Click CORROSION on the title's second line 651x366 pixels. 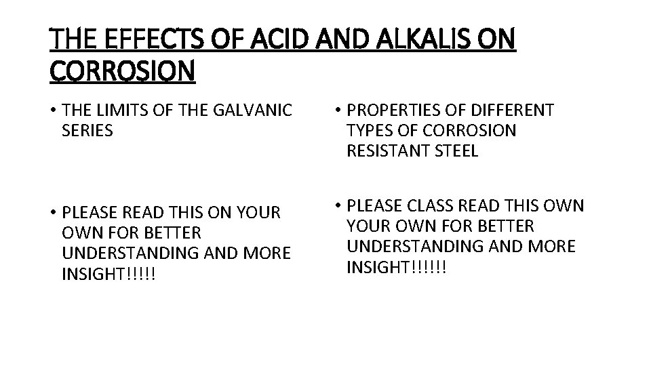click(122, 71)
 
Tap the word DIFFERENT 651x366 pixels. click(514, 110)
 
